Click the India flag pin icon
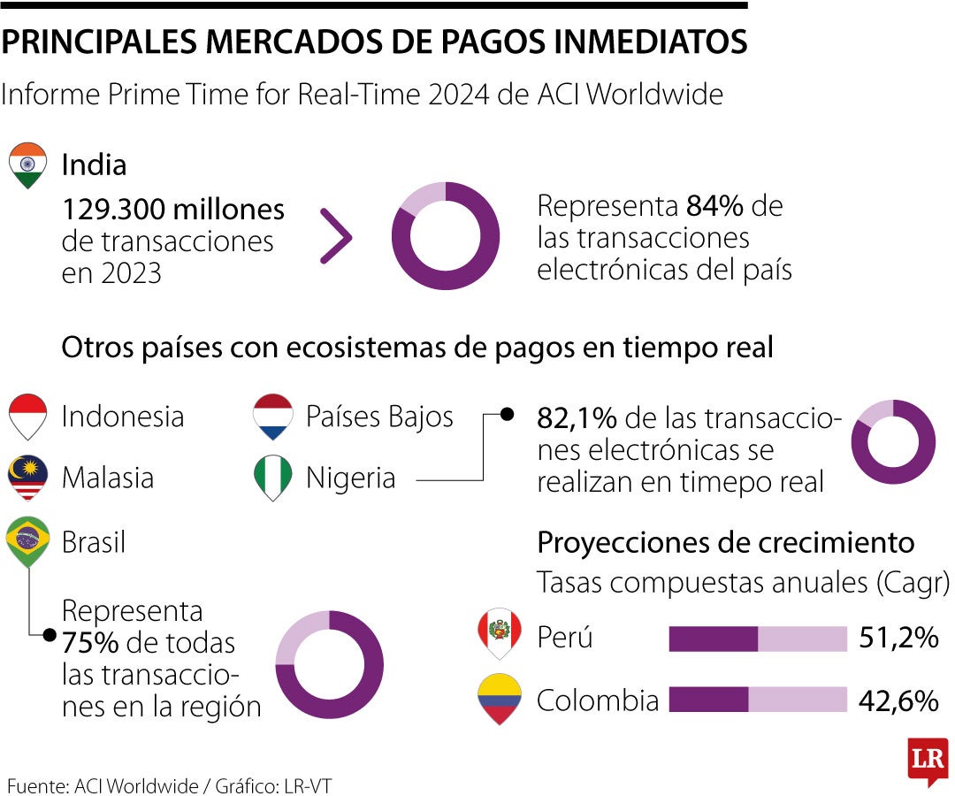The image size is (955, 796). click(x=27, y=165)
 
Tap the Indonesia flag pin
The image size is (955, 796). click(x=27, y=416)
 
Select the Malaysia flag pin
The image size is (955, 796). click(x=27, y=478)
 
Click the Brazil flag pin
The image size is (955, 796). click(x=27, y=541)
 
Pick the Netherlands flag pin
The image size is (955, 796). click(x=272, y=416)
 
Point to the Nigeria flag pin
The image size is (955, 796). click(x=272, y=478)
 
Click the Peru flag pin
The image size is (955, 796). click(x=499, y=633)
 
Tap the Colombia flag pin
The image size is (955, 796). click(x=499, y=699)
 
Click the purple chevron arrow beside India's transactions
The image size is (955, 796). click(x=337, y=236)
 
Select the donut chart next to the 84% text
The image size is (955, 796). click(x=445, y=236)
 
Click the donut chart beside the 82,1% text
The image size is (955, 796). click(x=893, y=441)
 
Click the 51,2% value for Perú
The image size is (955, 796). click(x=898, y=638)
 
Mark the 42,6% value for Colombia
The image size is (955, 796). click(x=898, y=700)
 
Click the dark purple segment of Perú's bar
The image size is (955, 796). click(x=713, y=639)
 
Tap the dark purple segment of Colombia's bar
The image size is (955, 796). click(x=708, y=700)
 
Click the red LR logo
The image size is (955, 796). click(x=928, y=759)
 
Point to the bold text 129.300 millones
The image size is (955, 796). click(x=173, y=210)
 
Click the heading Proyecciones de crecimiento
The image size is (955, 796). click(x=726, y=541)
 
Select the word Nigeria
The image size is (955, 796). click(x=350, y=478)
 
